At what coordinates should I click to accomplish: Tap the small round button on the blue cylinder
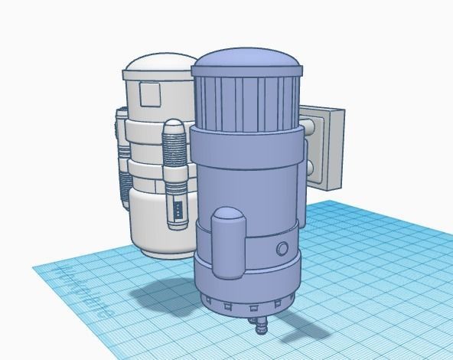point(283,248)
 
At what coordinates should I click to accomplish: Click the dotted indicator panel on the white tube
point(177,210)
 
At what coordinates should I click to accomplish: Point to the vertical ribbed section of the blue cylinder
point(245,103)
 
